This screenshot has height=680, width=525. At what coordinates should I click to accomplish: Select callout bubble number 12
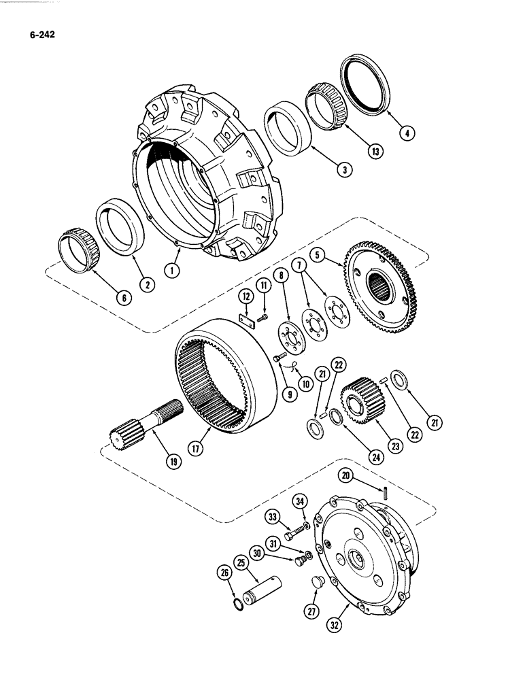243,296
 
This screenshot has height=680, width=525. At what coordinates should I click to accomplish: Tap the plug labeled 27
315,583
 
